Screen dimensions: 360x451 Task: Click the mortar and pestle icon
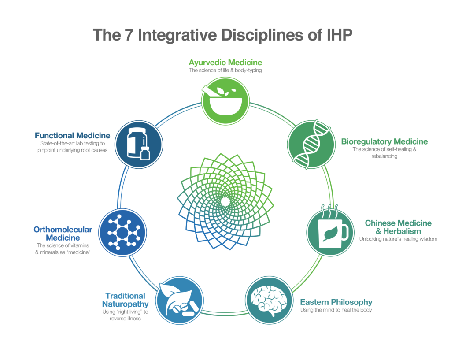point(225,101)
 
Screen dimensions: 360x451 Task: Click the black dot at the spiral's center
point(225,201)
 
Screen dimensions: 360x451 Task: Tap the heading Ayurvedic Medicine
point(225,62)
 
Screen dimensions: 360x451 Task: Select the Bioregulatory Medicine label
point(384,141)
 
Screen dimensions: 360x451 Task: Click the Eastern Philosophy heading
point(336,302)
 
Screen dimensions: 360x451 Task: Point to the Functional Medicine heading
point(72,135)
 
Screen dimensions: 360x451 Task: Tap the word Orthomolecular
point(63,230)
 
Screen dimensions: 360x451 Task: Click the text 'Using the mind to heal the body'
point(336,310)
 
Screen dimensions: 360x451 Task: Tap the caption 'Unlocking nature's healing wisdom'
point(398,239)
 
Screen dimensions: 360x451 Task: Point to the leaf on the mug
point(328,234)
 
